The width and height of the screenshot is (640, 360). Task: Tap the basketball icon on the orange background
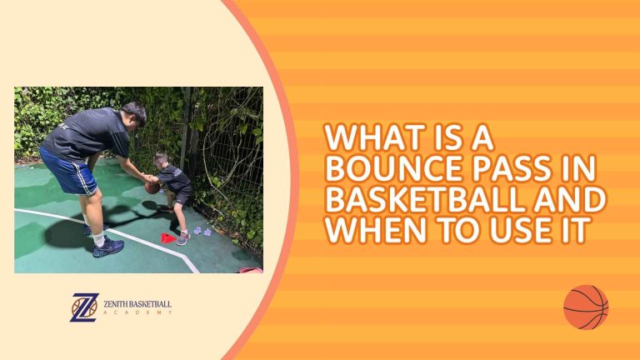[x=586, y=307]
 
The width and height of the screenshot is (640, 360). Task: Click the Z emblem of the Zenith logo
[x=84, y=307]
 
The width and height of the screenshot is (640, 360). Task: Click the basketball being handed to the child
[x=152, y=187]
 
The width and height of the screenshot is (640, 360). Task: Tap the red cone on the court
[x=168, y=238]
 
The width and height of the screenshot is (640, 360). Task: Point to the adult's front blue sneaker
[x=108, y=247]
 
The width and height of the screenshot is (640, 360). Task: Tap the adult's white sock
[x=99, y=237]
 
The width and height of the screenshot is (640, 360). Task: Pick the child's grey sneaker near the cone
[x=183, y=239]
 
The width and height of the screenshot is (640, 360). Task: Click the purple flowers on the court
[x=202, y=230]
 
